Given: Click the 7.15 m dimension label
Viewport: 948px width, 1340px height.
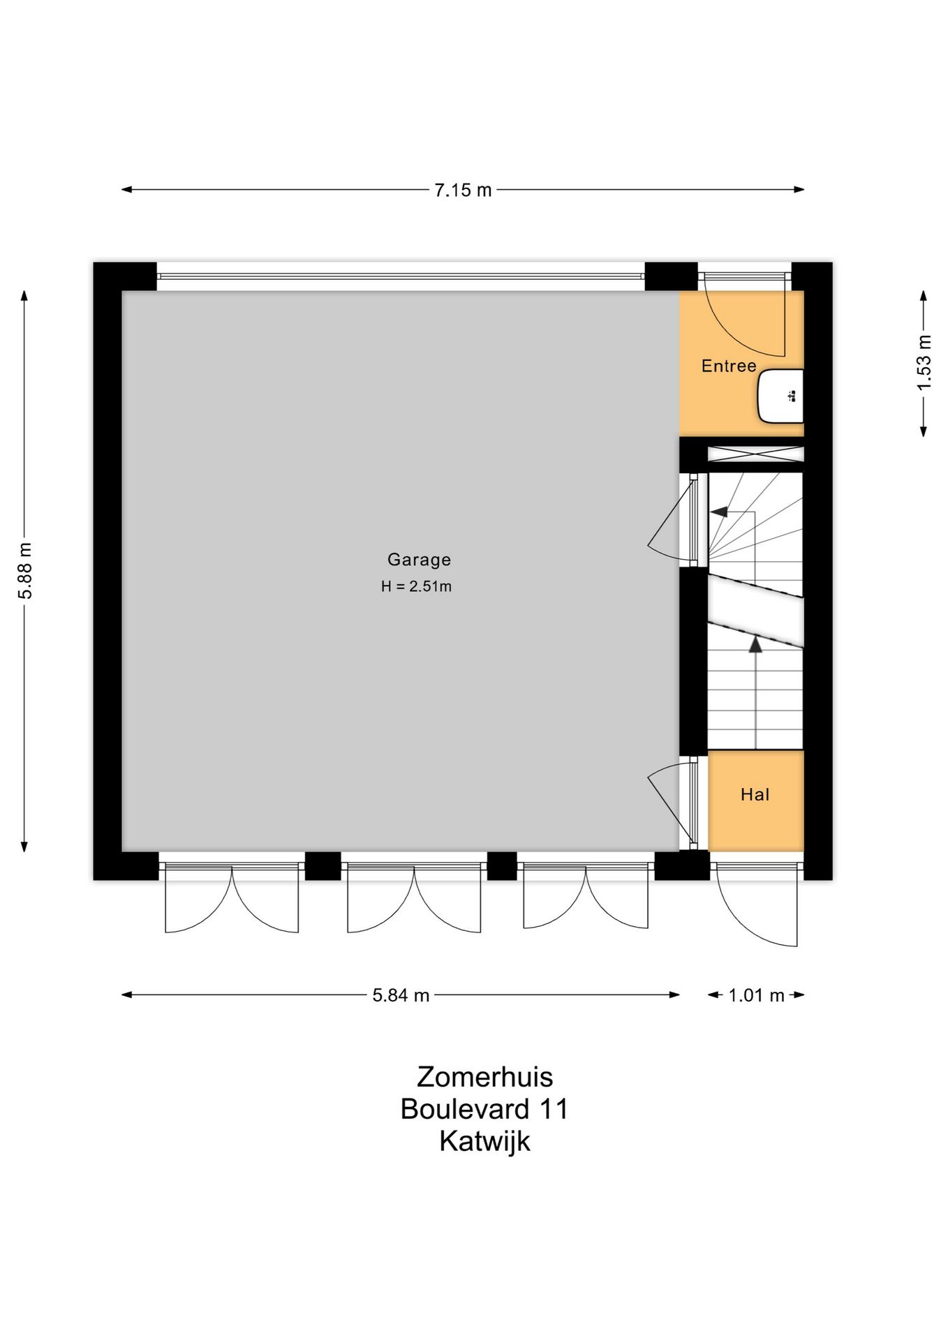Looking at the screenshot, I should coord(463,190).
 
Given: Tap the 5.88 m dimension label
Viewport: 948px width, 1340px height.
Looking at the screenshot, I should coord(25,570).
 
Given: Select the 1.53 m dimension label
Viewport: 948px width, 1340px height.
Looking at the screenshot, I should coord(924,363).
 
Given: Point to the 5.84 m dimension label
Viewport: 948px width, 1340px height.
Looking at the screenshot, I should coord(400,995).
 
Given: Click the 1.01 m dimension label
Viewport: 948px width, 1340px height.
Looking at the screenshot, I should coord(756,995).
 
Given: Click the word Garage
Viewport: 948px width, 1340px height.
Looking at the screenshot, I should coord(419,560).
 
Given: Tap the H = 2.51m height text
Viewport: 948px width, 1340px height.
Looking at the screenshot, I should coord(416,587).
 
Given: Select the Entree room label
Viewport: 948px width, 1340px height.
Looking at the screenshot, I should coord(729,366).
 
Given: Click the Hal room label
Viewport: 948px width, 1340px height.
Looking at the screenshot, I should coord(755,794).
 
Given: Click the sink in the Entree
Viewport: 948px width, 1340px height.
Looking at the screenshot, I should coord(780,396).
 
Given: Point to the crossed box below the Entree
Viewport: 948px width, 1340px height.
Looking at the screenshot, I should coord(755,454).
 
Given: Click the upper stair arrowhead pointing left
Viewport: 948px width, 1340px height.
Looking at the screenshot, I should coord(718,512).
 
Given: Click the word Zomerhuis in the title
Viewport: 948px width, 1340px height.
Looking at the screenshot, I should coord(484,1077).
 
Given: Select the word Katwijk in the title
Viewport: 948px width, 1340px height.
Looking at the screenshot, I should coord(484,1141).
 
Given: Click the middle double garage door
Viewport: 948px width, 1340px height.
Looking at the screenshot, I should coord(414,900).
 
